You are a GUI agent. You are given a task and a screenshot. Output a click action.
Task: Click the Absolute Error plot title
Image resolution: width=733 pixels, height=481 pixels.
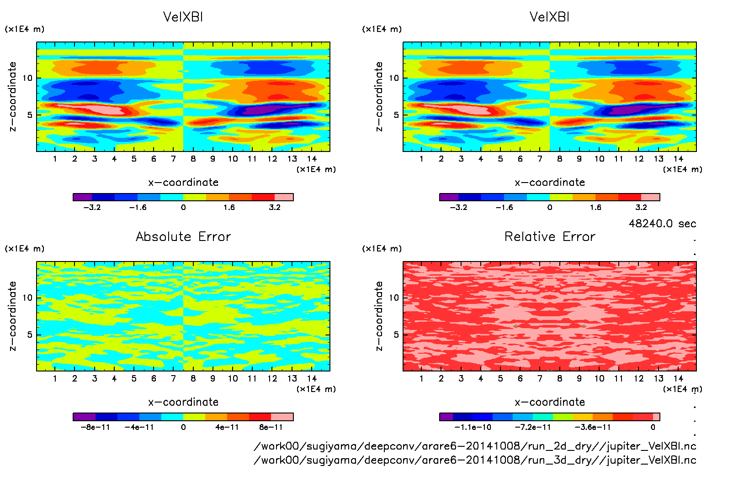[183, 236]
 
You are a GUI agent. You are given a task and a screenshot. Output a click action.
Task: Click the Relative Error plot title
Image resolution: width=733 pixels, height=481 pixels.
[550, 236]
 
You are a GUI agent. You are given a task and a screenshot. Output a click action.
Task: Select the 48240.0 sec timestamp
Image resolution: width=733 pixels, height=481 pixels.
[662, 224]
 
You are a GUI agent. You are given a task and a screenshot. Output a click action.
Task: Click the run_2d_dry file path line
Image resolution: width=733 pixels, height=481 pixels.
[475, 446]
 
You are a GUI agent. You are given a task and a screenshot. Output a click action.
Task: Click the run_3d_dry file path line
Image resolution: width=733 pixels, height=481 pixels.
[475, 460]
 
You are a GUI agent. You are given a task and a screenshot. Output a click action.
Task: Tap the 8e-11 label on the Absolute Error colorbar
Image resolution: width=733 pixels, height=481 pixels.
[271, 427]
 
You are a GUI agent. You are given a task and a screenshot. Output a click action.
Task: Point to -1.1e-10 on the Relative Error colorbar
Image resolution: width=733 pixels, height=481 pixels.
[473, 427]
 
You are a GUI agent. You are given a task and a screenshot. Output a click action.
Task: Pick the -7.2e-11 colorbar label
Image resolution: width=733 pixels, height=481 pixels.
[532, 427]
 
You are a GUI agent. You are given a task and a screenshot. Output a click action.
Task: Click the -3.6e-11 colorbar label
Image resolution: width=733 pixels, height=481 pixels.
[592, 427]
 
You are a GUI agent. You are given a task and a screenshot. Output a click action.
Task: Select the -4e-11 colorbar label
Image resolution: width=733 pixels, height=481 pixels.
[139, 427]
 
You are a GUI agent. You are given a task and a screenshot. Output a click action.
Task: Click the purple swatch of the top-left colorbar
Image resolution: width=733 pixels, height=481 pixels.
[83, 197]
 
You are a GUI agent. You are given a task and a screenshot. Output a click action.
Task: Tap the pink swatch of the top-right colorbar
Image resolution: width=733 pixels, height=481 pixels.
[650, 197]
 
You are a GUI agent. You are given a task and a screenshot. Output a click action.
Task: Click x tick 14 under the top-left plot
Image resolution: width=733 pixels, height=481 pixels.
[312, 159]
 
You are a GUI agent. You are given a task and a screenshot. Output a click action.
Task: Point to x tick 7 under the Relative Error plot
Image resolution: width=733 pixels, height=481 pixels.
[540, 378]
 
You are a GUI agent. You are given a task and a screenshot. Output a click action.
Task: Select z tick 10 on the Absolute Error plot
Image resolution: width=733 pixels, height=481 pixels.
[28, 298]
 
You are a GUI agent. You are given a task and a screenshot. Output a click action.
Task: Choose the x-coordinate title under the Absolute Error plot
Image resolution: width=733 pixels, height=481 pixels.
[183, 402]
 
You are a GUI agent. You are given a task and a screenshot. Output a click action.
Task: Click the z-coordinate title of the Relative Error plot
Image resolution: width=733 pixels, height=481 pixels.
[379, 316]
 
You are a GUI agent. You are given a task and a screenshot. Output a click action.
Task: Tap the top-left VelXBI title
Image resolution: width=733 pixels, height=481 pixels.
[183, 17]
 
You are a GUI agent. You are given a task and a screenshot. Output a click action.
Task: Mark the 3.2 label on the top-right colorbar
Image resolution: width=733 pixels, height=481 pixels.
[641, 207]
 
